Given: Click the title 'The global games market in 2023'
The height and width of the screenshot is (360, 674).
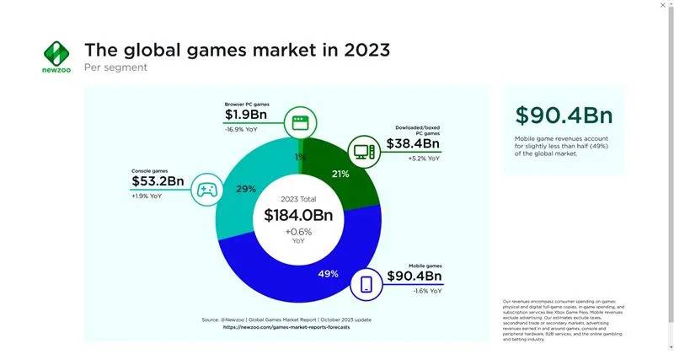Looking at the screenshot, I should tap(237, 50).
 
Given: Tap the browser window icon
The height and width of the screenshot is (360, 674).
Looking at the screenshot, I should tap(298, 122).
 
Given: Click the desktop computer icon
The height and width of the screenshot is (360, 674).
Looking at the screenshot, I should tap(364, 151).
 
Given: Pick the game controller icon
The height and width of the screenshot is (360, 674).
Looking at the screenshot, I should tap(207, 190).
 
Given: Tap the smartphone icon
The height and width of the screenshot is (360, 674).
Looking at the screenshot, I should tap(366, 284).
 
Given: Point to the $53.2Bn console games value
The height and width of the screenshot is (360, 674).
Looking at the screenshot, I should tap(158, 181).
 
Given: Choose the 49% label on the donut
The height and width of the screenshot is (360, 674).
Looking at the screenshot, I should tap(329, 274).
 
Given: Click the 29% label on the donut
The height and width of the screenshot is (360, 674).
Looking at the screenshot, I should tap(245, 189).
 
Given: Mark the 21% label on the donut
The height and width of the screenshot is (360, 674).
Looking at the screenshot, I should tap(340, 175).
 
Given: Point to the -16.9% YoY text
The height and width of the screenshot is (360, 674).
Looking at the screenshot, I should tap(242, 130).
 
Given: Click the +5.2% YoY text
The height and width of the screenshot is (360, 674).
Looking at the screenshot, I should tap(424, 159).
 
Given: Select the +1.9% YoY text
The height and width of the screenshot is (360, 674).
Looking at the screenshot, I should tap(149, 196).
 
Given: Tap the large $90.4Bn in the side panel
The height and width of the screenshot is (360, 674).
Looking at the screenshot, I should tap(564, 116).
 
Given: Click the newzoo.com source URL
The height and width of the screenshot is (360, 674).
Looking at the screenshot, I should tap(286, 327).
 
